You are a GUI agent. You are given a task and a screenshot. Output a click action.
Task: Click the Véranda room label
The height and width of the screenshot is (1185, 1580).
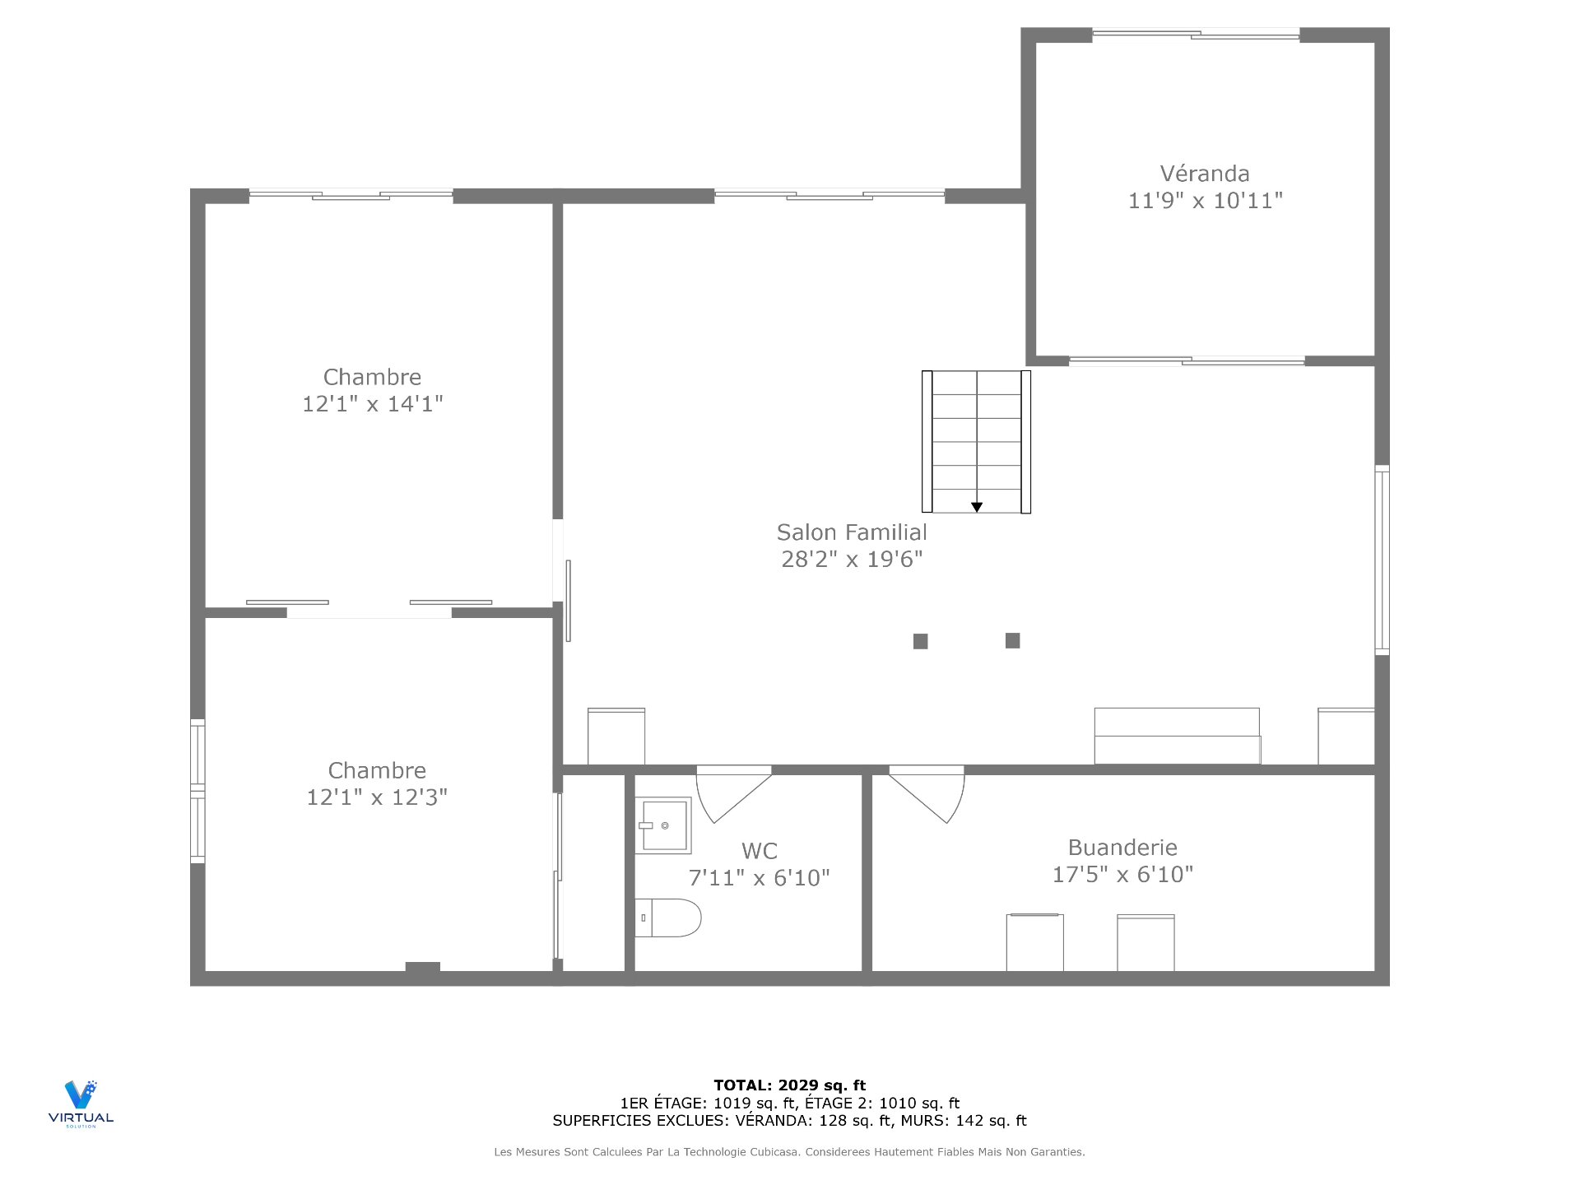1204,174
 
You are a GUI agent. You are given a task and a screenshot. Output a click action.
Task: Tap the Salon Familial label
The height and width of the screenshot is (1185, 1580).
852,532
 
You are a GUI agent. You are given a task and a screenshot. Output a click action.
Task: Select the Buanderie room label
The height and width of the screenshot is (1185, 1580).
1122,848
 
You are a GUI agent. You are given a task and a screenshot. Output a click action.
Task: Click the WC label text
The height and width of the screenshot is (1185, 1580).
759,851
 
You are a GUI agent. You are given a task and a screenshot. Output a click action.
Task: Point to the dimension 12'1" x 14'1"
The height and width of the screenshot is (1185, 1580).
372,404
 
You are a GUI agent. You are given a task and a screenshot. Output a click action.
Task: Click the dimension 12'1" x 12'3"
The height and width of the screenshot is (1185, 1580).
377,797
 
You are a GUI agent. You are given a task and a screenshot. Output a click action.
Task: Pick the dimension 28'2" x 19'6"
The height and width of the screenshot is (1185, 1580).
852,560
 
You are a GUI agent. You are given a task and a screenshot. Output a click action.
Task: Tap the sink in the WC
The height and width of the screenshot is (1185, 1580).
663,825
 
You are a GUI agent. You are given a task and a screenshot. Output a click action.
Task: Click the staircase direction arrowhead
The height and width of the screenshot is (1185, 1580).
977,507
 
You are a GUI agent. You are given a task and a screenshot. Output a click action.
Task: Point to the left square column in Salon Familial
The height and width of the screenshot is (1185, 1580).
921,641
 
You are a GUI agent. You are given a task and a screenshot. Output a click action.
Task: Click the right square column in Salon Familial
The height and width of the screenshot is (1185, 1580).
1013,640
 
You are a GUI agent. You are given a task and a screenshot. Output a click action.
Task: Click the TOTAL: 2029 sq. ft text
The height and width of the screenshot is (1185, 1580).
789,1085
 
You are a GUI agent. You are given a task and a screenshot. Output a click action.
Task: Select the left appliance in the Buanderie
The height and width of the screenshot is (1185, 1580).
1034,942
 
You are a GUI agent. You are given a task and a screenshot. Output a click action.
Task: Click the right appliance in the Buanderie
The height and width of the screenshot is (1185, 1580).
1145,942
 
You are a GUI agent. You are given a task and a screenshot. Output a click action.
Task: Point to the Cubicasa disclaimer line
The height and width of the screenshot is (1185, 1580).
789,1152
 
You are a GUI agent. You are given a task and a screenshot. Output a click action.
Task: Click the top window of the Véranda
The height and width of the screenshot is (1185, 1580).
1196,35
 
